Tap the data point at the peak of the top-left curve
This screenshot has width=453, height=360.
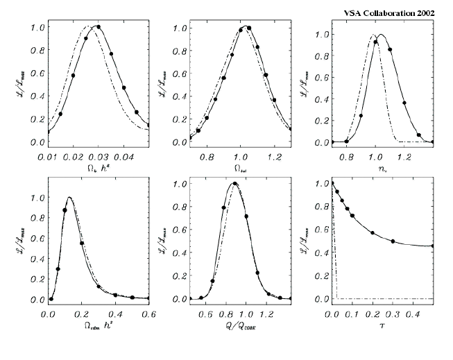click(99, 27)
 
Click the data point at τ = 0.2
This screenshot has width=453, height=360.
click(373, 233)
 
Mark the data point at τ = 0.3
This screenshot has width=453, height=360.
click(393, 241)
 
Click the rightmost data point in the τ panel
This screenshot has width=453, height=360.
click(434, 246)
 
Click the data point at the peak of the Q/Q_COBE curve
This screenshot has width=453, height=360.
click(235, 184)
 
